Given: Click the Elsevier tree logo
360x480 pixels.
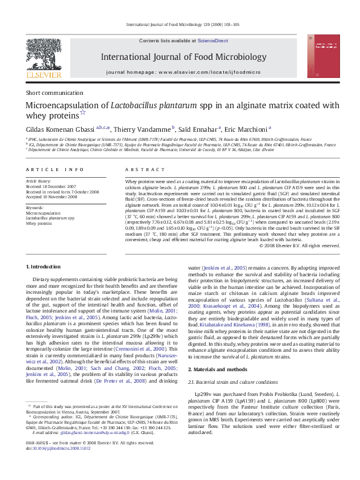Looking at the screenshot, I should (x=43, y=54).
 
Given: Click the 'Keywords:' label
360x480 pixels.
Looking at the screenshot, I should (x=34, y=208).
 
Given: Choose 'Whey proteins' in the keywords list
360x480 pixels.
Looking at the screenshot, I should (x=39, y=224).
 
